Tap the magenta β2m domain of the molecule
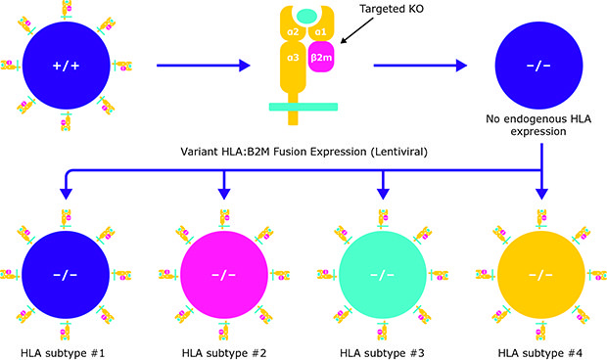tap(322, 60)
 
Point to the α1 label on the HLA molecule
tap(320, 33)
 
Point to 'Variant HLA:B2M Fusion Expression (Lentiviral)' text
tap(303, 153)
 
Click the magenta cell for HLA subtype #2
tap(223, 272)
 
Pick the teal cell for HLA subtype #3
tap(382, 272)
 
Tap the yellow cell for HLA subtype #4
tap(541, 272)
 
